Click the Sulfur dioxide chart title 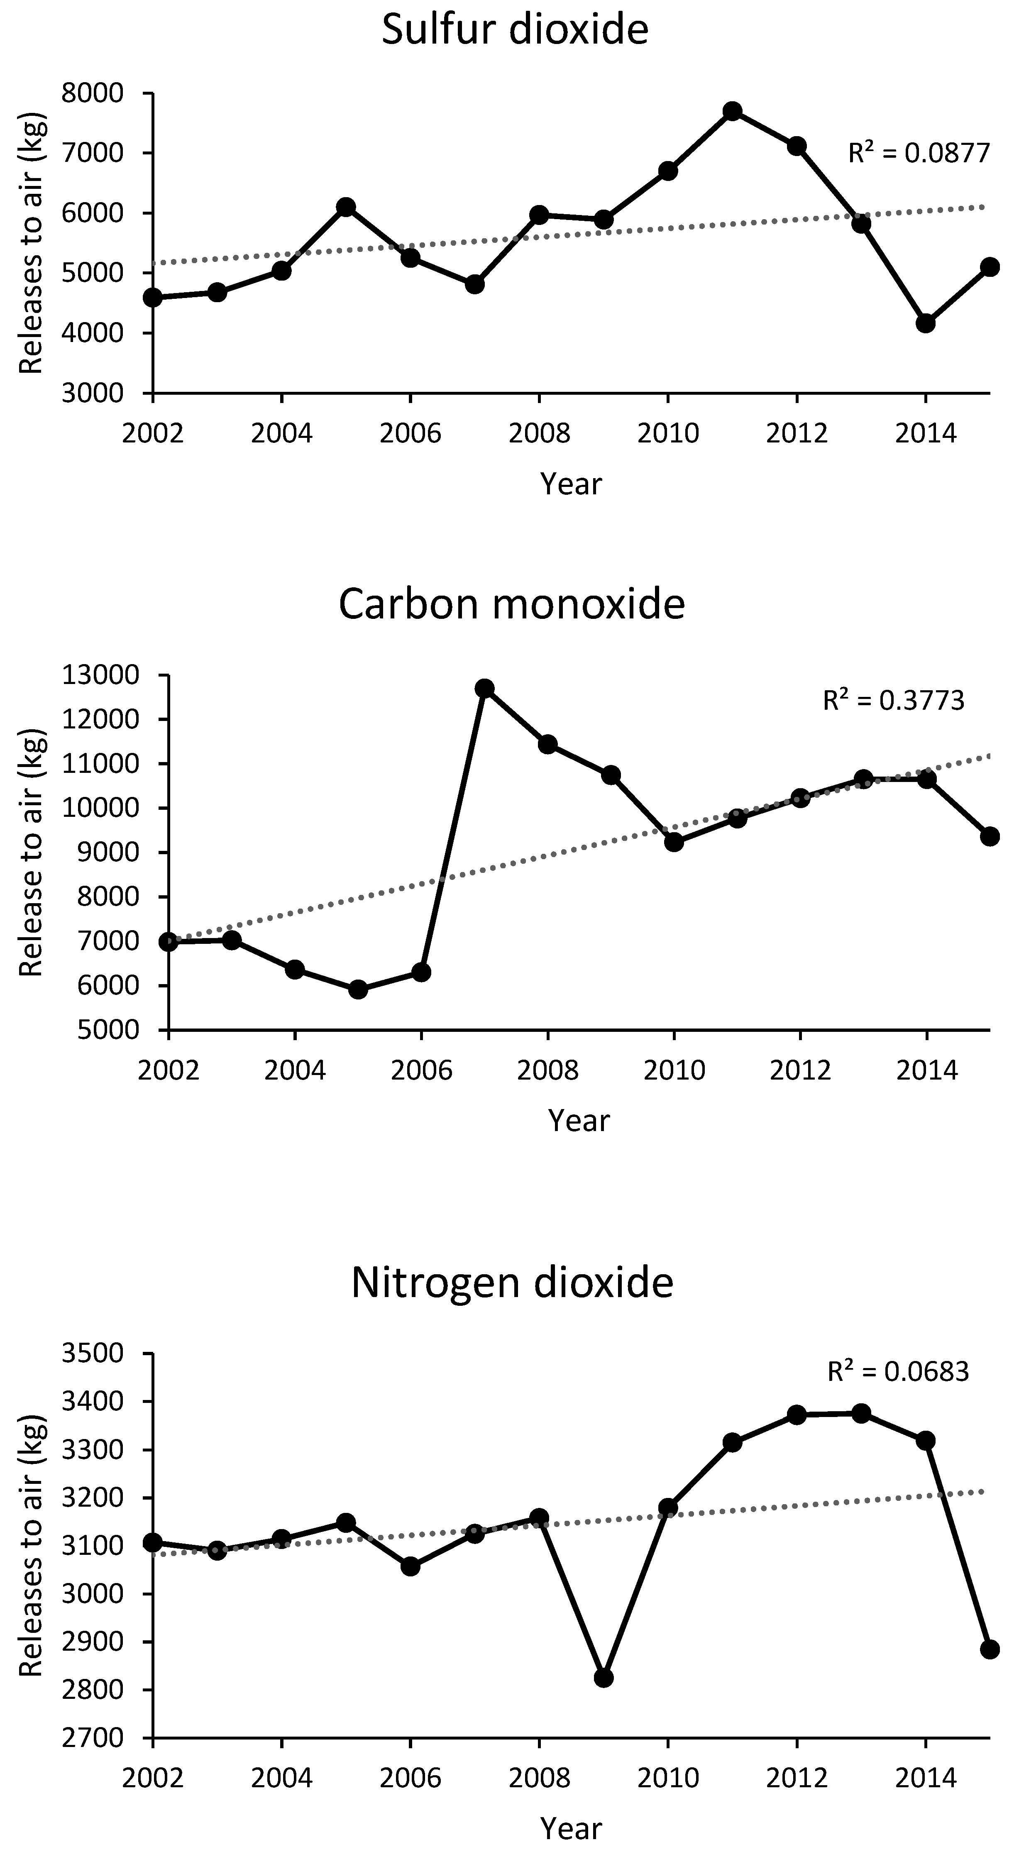click(x=515, y=30)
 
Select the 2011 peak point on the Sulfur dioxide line click(x=733, y=111)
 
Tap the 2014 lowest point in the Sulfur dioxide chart click(x=926, y=323)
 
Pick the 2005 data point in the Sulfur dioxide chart click(x=346, y=207)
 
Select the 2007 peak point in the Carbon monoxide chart click(x=485, y=688)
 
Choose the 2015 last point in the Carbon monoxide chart click(x=990, y=836)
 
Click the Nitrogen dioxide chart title click(x=512, y=1282)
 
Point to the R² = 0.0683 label click(x=898, y=1372)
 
